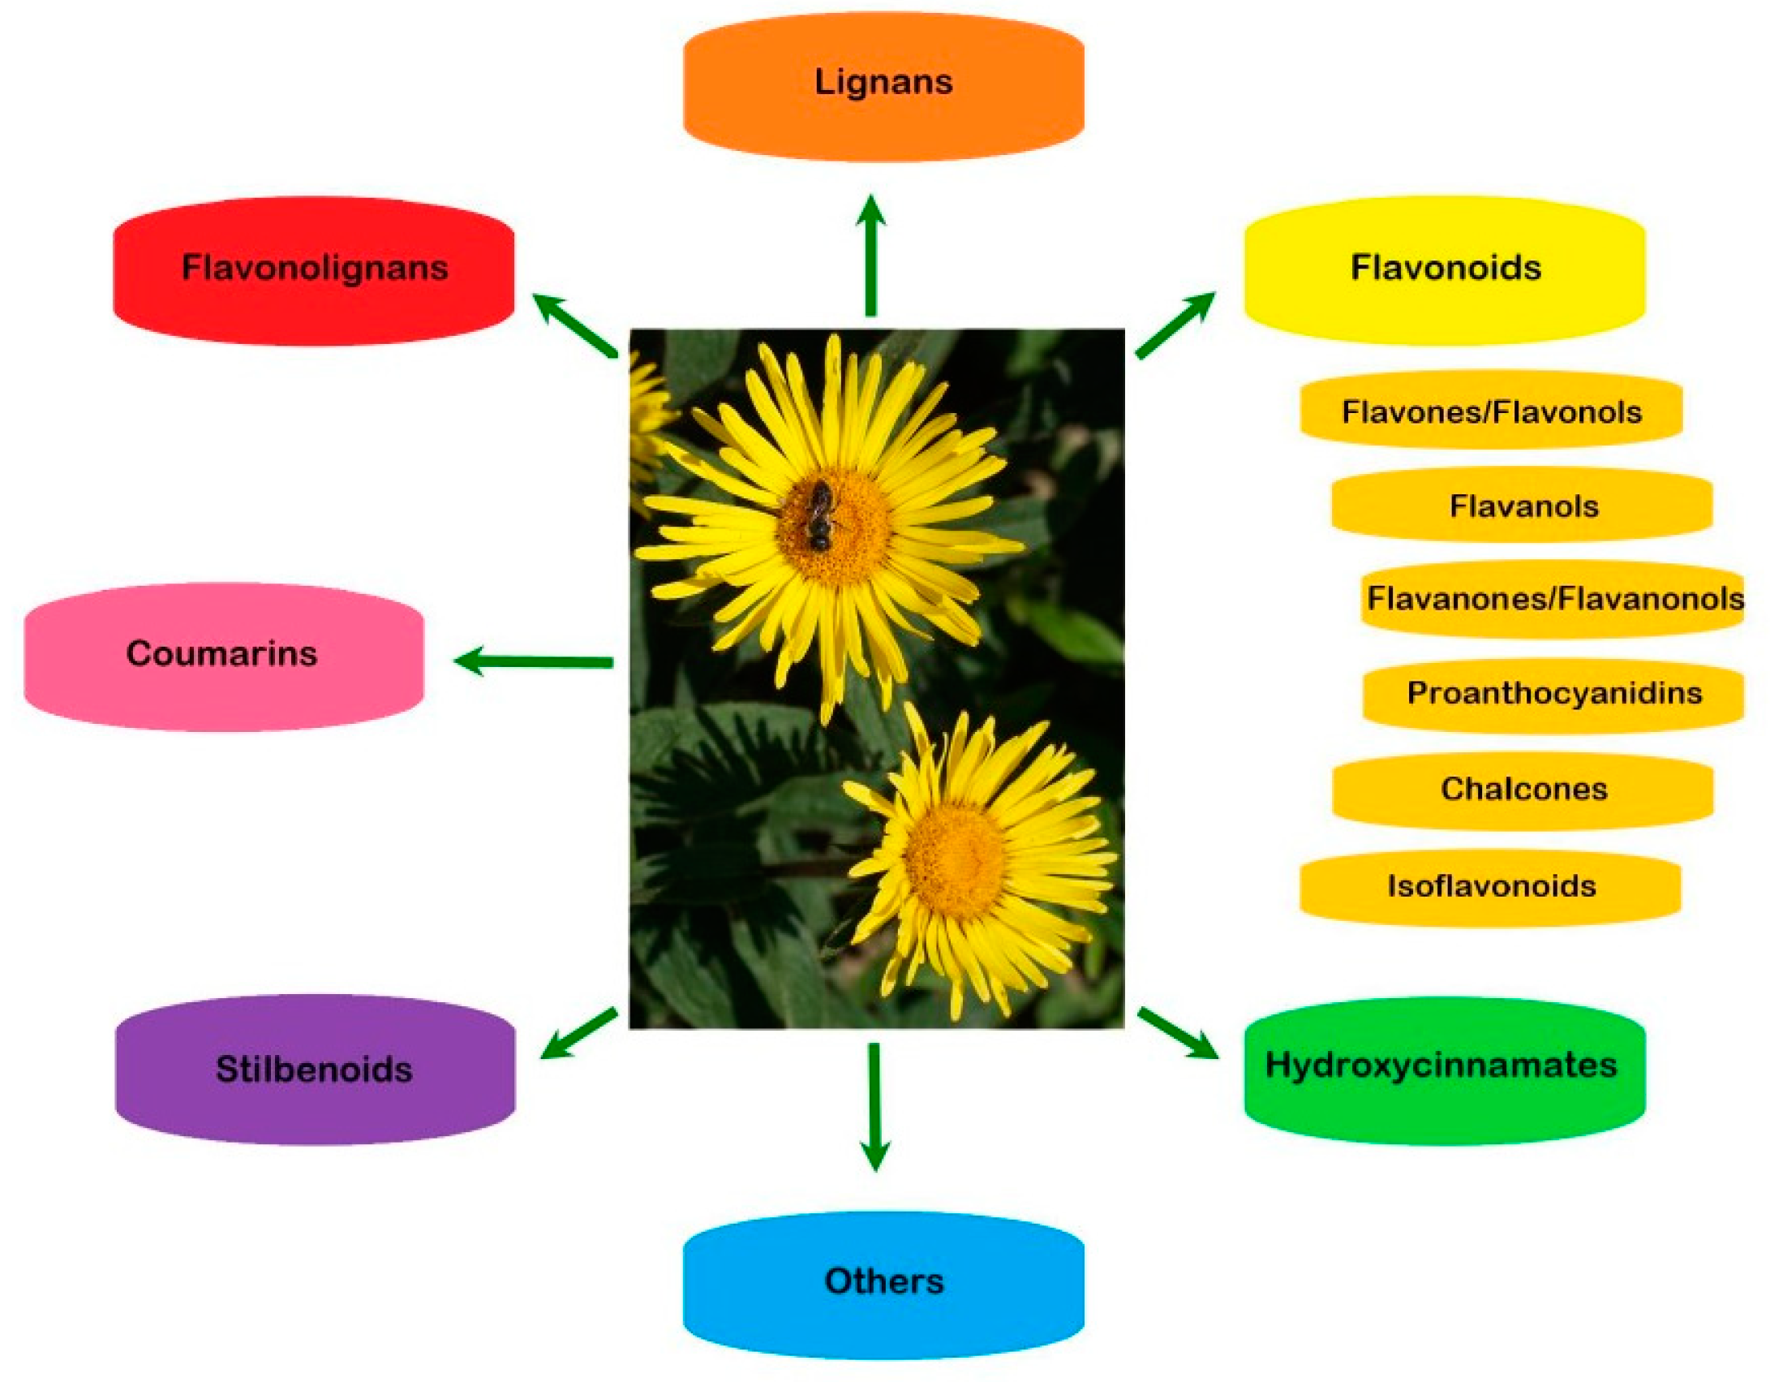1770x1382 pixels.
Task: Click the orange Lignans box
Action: (883, 85)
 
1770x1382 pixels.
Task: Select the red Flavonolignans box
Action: (313, 270)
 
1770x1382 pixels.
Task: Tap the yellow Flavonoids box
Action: (1444, 270)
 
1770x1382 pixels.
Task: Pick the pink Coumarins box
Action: (223, 656)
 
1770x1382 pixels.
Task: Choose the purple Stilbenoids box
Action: (315, 1070)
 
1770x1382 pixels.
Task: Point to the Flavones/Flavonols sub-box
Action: (1491, 411)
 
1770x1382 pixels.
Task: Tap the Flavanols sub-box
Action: (1522, 506)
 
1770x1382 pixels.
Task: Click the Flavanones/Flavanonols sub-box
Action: (1552, 599)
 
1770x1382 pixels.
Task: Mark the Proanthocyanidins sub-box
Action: (1553, 694)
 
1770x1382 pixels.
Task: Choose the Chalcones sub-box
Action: (1523, 790)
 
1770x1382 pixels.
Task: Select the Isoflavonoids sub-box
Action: (1490, 886)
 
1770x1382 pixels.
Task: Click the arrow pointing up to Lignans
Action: (871, 256)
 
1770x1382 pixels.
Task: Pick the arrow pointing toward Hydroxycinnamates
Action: (1178, 1033)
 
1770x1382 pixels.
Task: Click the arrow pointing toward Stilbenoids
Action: (578, 1034)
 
